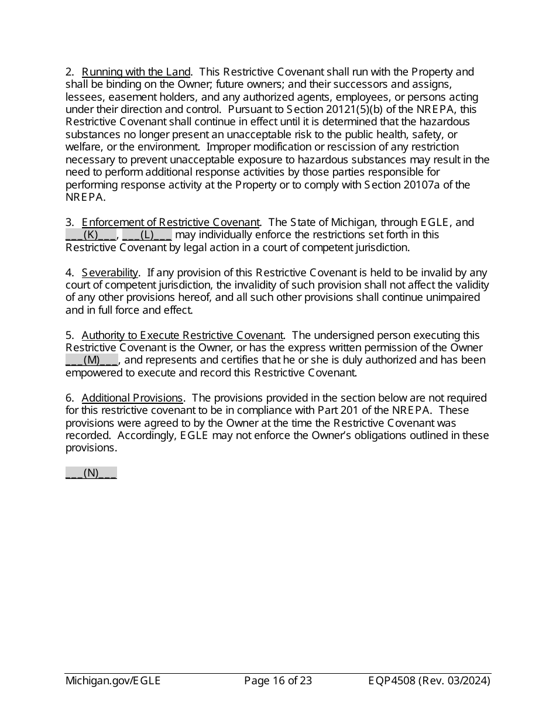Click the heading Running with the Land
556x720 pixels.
(x=136, y=72)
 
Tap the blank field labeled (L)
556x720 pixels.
(x=147, y=235)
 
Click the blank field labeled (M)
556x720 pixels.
(x=92, y=360)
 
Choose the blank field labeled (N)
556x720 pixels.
(x=91, y=473)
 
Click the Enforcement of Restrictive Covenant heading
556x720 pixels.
(x=170, y=222)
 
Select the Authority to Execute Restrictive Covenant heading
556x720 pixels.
(x=183, y=335)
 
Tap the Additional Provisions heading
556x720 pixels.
(x=132, y=398)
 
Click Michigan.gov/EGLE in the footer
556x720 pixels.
(x=113, y=681)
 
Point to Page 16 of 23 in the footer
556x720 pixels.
(x=277, y=681)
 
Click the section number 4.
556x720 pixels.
(x=69, y=273)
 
